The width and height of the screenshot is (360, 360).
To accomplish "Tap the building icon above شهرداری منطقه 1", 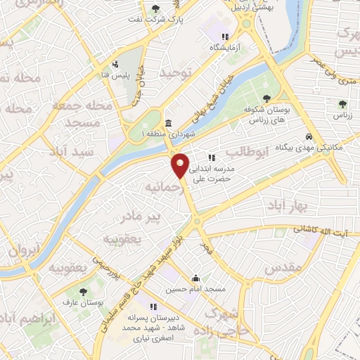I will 167,122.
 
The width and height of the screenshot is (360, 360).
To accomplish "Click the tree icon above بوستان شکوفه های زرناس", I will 265,98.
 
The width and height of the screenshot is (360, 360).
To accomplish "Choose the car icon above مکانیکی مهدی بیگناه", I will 308,136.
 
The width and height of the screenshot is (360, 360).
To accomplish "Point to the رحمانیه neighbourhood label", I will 161,188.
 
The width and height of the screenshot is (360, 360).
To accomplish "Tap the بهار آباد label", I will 283,204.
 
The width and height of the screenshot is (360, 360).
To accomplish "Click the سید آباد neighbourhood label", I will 67,152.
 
